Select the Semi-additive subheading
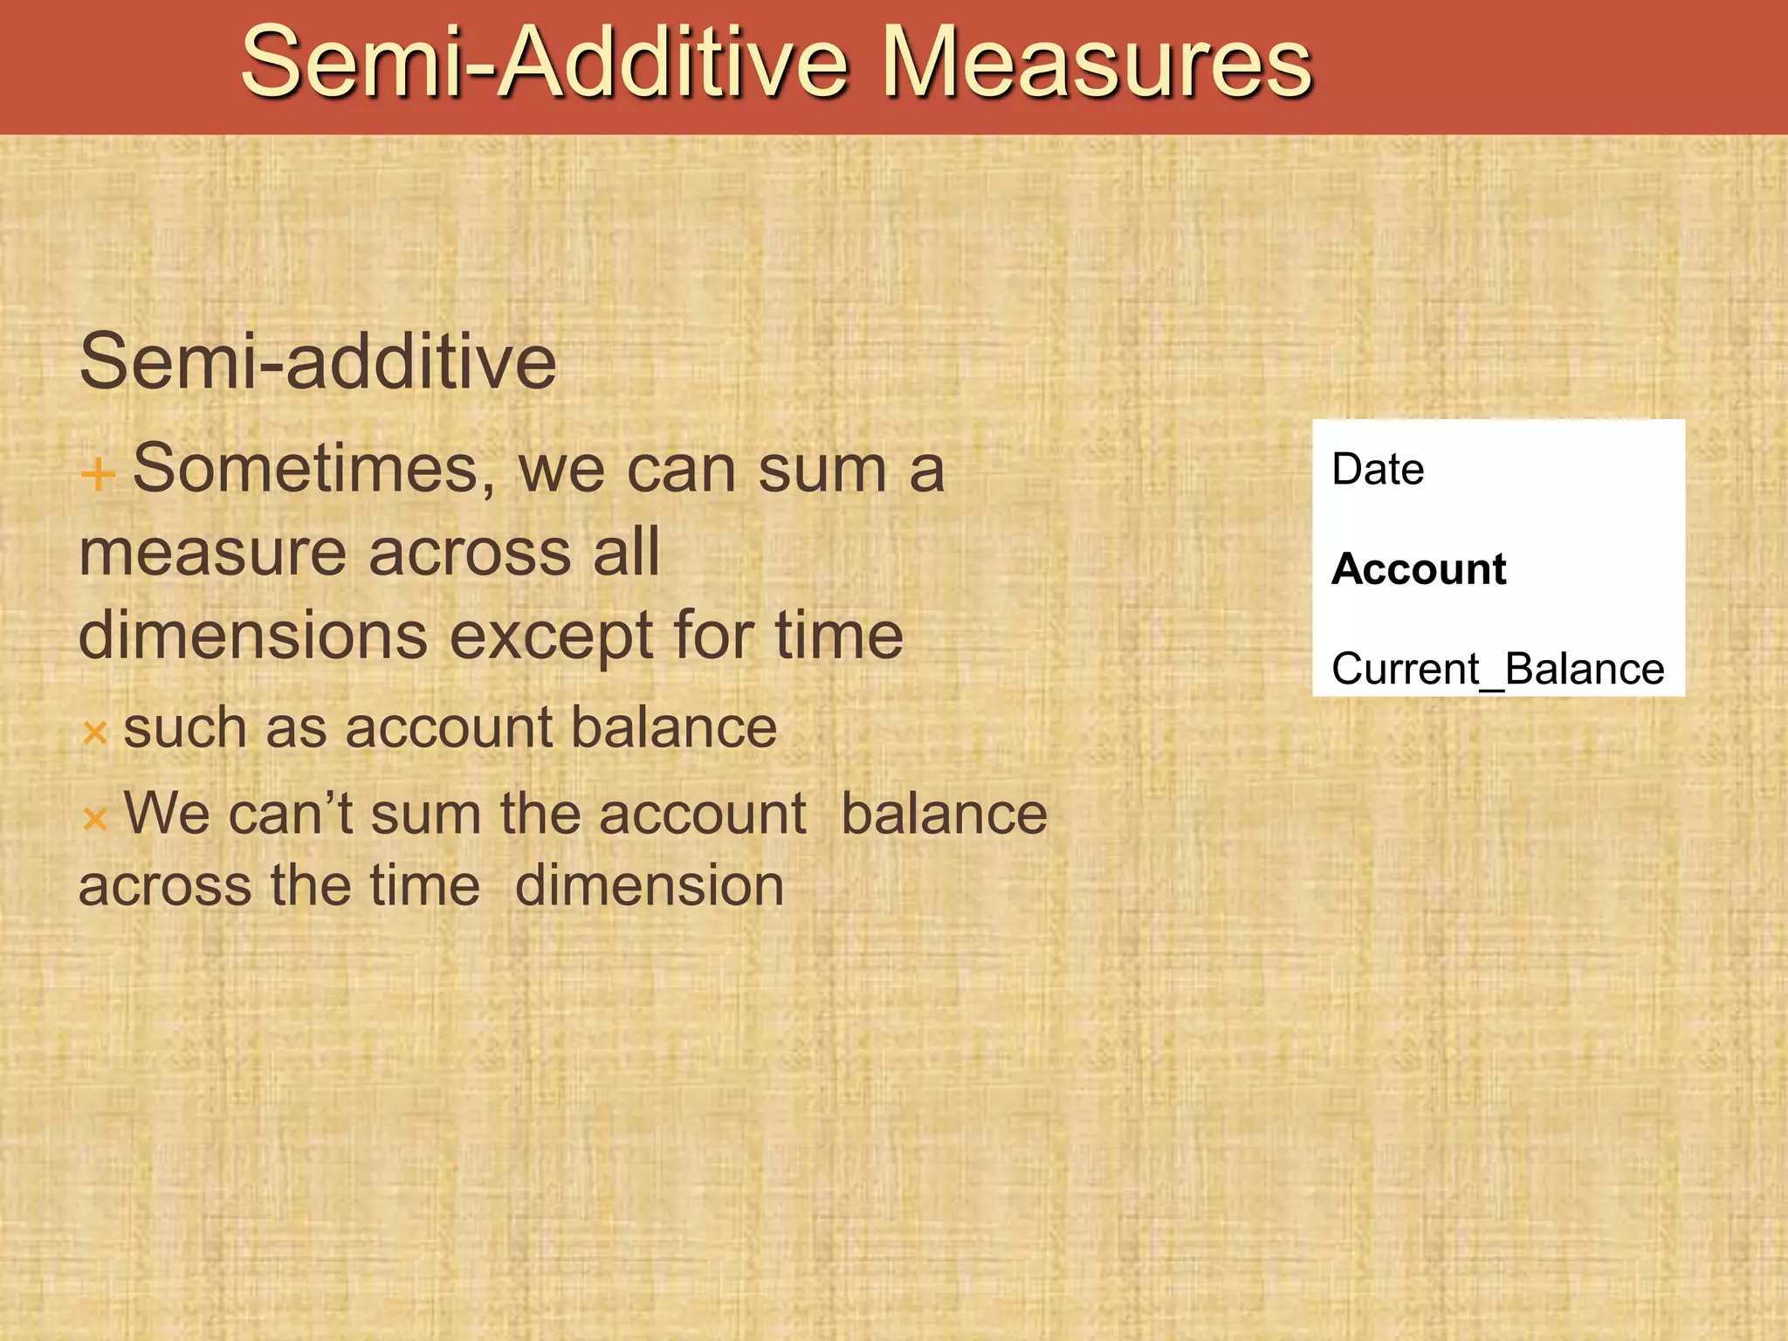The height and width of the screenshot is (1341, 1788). (x=318, y=361)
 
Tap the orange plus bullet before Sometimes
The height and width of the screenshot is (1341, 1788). (x=98, y=474)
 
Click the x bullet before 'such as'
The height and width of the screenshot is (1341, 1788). (x=94, y=732)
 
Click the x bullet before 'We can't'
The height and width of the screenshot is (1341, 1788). (x=94, y=819)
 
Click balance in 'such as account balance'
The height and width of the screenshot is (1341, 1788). (x=672, y=728)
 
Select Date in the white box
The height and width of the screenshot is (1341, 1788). (x=1378, y=470)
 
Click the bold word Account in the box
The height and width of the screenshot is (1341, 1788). (x=1419, y=569)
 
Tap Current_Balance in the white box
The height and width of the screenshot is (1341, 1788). (x=1497, y=670)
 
